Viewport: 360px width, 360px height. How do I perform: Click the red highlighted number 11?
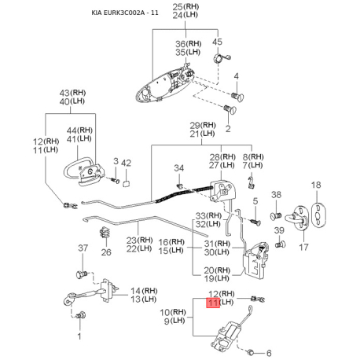213,303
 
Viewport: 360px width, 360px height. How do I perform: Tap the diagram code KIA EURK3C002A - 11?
125,13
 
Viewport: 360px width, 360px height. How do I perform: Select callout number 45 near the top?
217,42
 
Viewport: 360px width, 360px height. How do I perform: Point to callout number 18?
316,185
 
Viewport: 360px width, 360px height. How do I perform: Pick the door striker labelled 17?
299,217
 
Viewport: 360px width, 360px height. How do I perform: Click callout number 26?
106,252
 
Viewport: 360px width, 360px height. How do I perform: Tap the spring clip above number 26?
105,233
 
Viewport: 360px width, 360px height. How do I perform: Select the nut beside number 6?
251,352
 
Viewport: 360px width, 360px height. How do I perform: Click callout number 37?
83,248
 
